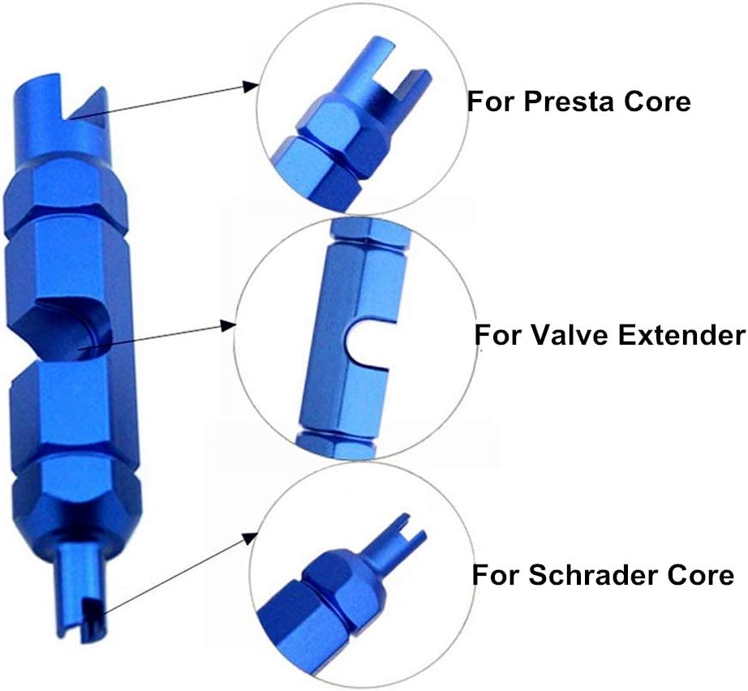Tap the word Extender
681,335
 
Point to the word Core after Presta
657,101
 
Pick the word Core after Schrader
701,575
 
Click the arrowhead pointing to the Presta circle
251,87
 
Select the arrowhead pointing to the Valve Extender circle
228,326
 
